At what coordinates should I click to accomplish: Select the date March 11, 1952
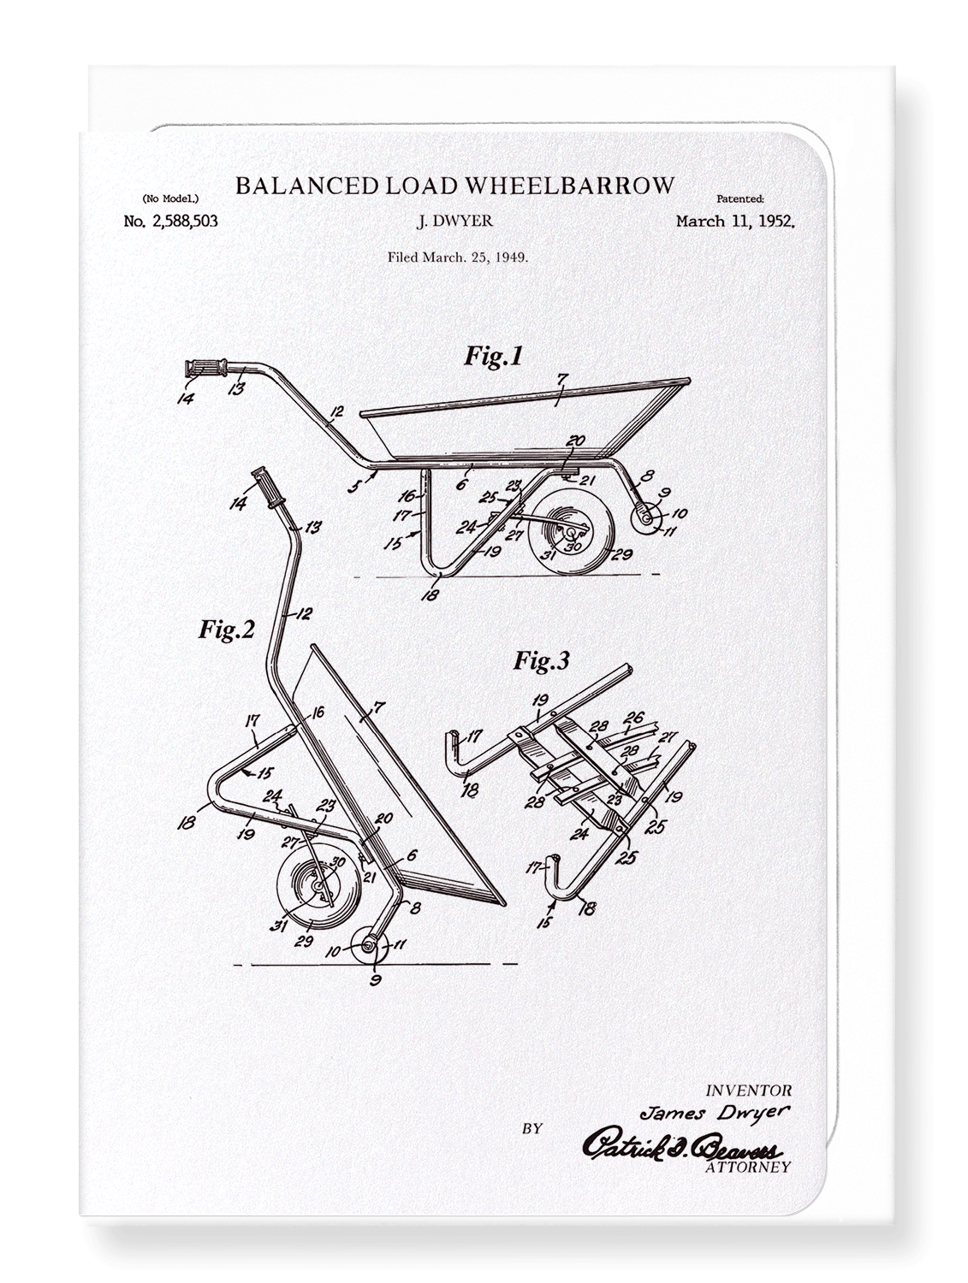(x=735, y=222)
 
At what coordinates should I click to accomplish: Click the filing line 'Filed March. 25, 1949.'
(x=457, y=256)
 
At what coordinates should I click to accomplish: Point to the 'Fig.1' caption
(x=493, y=356)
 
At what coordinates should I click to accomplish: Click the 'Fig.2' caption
(x=227, y=630)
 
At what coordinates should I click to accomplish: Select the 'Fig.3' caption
(x=541, y=660)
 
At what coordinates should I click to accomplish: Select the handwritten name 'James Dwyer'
(x=716, y=1112)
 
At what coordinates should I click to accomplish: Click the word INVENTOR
(x=748, y=1091)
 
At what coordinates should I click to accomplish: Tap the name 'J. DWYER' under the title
(x=454, y=222)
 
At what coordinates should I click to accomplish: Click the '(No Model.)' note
(x=166, y=198)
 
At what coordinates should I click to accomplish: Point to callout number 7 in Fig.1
(x=561, y=377)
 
